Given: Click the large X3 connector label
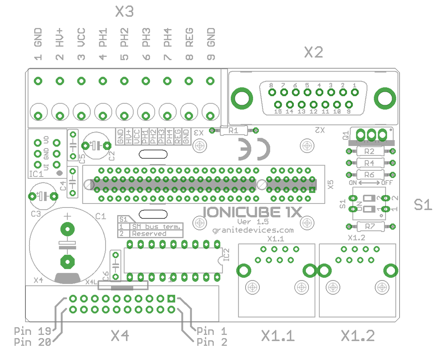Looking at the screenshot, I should point(124,12).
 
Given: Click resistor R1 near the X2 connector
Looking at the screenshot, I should point(233,131).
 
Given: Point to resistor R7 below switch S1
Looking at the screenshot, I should point(370,227).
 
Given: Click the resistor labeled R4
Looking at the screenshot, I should point(370,163).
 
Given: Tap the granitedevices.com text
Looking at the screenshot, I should point(253,230).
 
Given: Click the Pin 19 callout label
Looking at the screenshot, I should point(32,331).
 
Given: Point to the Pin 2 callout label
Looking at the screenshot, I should point(212,342).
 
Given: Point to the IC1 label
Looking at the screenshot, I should point(36,175).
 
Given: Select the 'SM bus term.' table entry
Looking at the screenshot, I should point(156,227).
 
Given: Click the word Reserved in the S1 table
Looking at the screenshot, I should point(149,233).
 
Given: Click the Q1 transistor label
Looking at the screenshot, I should point(345,136).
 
